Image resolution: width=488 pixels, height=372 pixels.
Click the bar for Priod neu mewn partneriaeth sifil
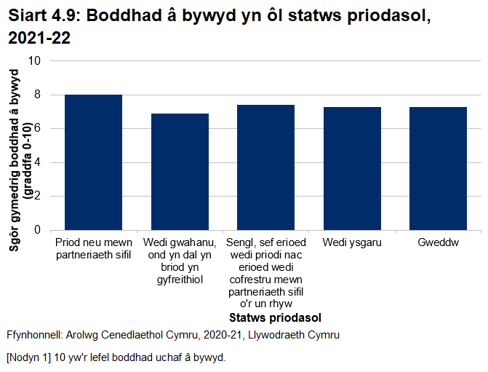[x=93, y=162]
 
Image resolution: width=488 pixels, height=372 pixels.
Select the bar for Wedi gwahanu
[x=180, y=172]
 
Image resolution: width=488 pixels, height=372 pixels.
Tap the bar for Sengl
[x=265, y=167]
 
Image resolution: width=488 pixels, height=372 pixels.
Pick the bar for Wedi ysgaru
[x=352, y=168]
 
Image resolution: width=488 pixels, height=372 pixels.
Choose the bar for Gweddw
[x=438, y=168]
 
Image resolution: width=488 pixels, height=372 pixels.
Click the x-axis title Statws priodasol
[x=275, y=318]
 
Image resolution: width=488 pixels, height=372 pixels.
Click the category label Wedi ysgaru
[x=352, y=242]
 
